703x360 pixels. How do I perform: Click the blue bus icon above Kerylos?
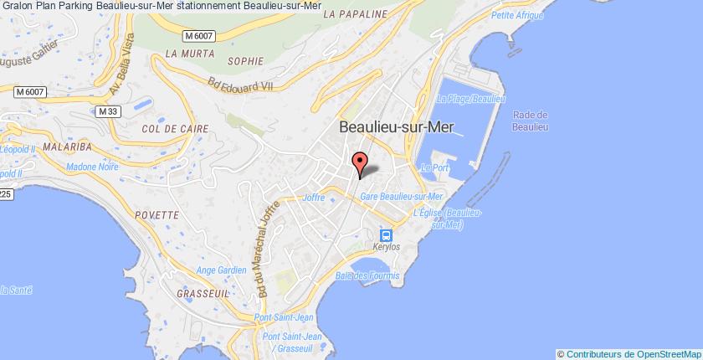[x=386, y=235]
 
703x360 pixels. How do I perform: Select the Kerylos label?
[x=386, y=250]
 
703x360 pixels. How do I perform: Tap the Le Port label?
[x=436, y=168]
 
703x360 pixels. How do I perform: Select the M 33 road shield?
[x=106, y=111]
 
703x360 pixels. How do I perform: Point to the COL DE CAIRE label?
[x=168, y=129]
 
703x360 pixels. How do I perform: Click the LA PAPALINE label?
[x=355, y=14]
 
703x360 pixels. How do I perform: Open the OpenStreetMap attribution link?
[x=659, y=352]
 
